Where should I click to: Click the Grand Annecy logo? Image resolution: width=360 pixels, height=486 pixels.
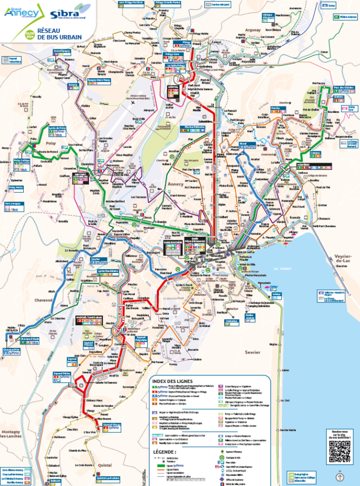tap(18, 12)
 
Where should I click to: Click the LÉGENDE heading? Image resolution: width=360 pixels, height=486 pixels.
tap(164, 452)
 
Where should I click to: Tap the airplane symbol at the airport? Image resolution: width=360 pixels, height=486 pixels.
tap(132, 103)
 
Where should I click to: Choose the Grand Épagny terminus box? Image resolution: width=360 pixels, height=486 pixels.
tap(62, 52)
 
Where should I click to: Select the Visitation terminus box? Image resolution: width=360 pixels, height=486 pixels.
tap(232, 321)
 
